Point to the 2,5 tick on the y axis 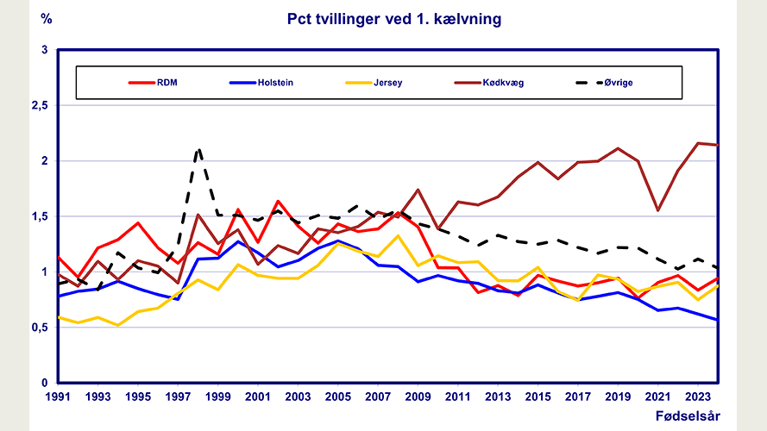click(39, 105)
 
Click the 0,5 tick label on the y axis click(39, 328)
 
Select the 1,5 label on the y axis click(39, 216)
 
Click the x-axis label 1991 click(57, 397)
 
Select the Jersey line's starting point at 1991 click(57, 317)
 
